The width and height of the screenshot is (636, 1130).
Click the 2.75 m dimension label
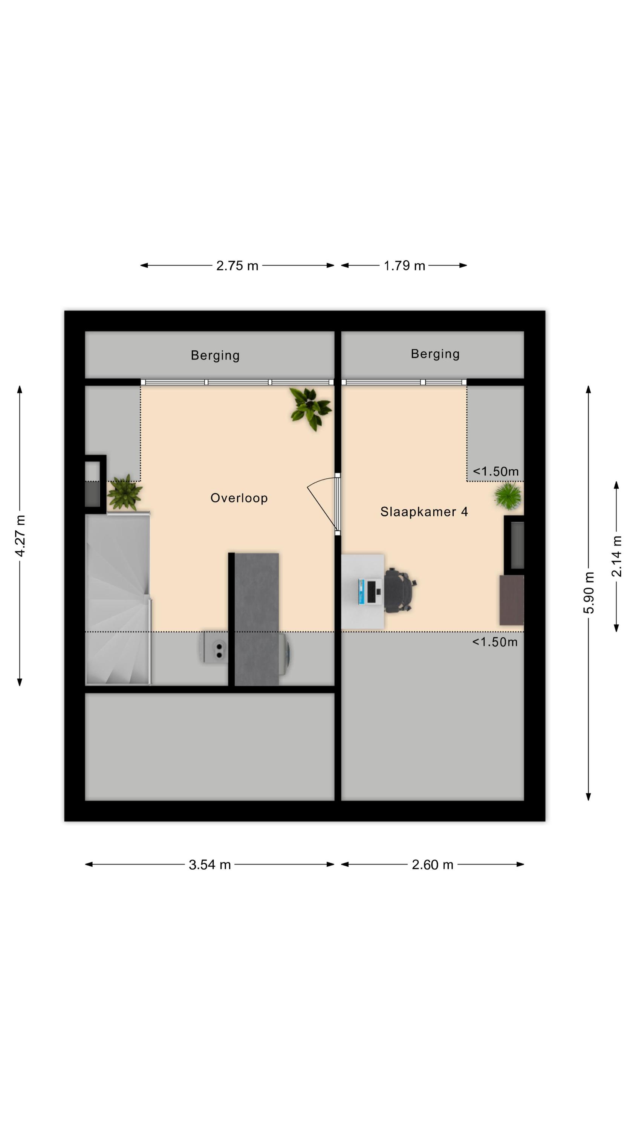tap(237, 266)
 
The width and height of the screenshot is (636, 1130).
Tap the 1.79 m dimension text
tap(404, 266)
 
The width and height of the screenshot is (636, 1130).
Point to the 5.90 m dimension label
tap(589, 592)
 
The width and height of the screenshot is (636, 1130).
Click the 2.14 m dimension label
tap(616, 556)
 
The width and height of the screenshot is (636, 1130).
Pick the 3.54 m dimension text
tap(209, 864)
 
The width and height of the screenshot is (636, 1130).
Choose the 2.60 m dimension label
tap(432, 864)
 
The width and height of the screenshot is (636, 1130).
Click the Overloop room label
tap(239, 498)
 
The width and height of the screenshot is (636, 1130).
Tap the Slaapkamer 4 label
tap(424, 512)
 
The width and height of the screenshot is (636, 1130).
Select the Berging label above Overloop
tap(215, 355)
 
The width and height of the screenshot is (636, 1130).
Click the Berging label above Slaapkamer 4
tap(435, 354)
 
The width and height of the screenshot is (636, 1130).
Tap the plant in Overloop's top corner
tap(310, 409)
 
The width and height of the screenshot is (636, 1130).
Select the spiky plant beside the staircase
tap(125, 492)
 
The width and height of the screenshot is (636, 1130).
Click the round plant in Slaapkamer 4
tap(508, 496)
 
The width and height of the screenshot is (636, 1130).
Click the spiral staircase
tap(119, 599)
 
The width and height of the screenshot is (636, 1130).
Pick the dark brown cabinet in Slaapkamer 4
tap(512, 600)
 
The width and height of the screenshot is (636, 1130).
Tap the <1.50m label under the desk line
tap(495, 642)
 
